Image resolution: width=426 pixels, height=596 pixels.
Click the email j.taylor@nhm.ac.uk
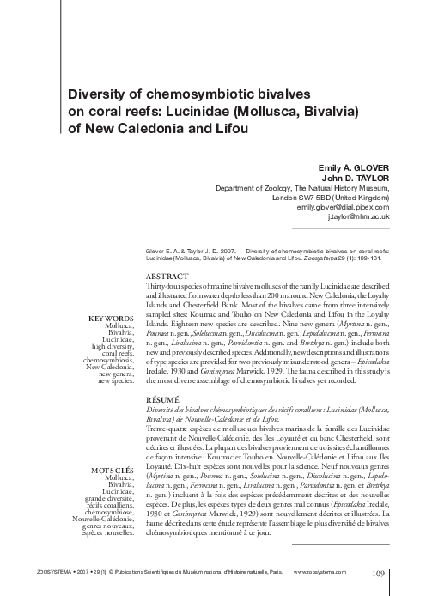(x=359, y=217)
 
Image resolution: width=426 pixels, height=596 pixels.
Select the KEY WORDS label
(x=111, y=319)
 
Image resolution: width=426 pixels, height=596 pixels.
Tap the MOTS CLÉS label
(x=113, y=470)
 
